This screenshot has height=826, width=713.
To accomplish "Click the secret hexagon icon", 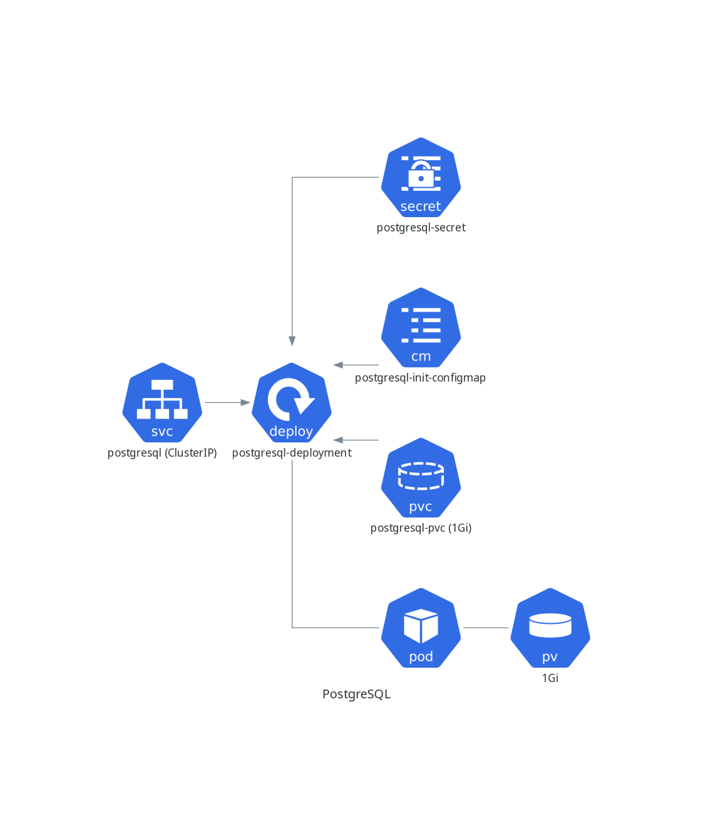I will tap(421, 178).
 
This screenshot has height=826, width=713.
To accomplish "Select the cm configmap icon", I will tap(421, 328).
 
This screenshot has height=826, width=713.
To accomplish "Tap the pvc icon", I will tap(421, 478).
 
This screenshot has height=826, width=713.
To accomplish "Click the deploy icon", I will tap(292, 403).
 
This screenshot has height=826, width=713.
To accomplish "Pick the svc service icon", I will tap(162, 403).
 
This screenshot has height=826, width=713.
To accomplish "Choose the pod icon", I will tap(421, 628).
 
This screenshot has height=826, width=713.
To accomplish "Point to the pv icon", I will tap(550, 628).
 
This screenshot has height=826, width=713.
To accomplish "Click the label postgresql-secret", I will tap(421, 228).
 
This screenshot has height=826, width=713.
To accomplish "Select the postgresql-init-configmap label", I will tap(420, 378).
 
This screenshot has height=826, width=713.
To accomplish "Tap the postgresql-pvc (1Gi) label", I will tap(421, 528).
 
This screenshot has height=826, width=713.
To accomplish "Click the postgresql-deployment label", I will tap(292, 453).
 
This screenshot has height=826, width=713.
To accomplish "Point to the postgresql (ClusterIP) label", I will tap(162, 453).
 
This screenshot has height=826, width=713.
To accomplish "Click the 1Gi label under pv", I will tap(550, 678).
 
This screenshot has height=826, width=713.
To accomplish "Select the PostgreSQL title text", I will tap(356, 694).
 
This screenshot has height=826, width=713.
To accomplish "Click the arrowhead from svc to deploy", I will tap(245, 402).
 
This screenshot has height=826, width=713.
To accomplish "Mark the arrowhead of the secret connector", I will tap(292, 342).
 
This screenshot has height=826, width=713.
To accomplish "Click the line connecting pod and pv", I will tap(486, 628).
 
